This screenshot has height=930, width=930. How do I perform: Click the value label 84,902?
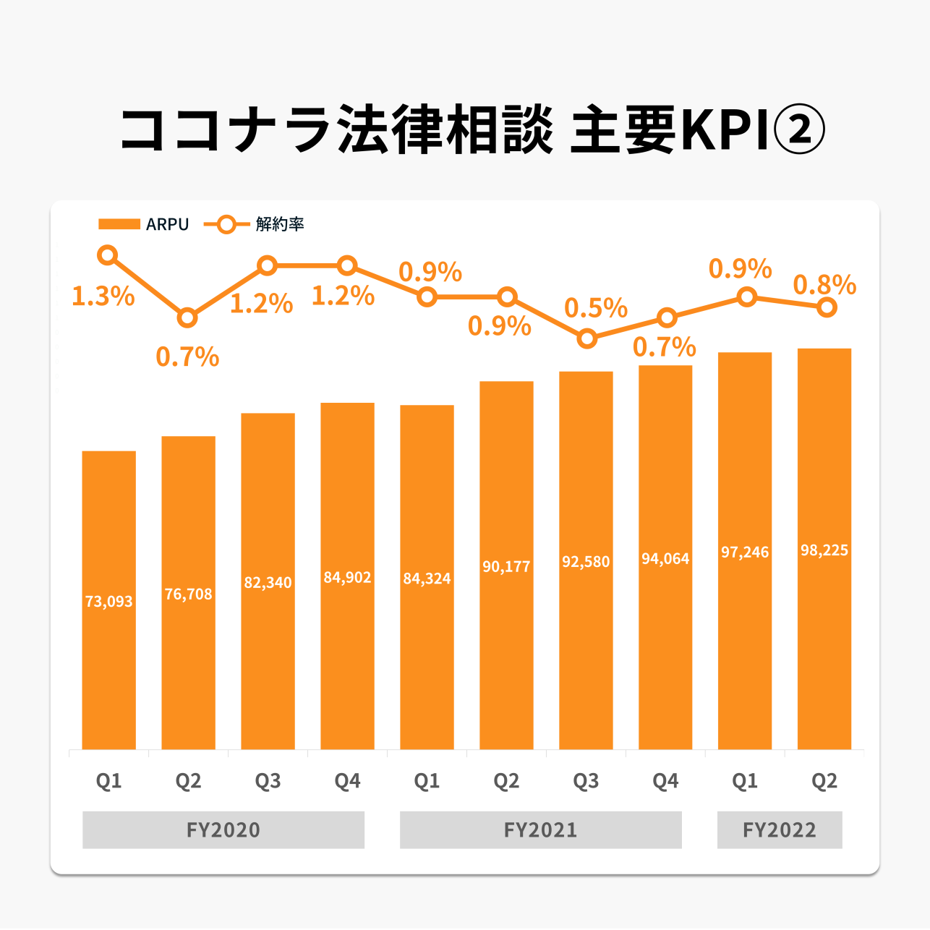tap(347, 578)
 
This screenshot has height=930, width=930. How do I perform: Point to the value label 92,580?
tap(586, 562)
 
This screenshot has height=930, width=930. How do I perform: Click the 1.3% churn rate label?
tap(103, 297)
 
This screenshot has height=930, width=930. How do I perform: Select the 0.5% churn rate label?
tap(596, 309)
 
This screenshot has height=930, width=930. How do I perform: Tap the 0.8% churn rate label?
tap(824, 286)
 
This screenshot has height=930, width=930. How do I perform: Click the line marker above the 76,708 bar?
tap(188, 317)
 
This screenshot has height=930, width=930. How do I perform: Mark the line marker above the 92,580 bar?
tap(587, 338)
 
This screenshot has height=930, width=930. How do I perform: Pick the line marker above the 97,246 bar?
tap(746, 297)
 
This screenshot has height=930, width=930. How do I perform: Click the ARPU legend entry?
tap(145, 224)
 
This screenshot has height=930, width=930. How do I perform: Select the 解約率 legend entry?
tap(255, 224)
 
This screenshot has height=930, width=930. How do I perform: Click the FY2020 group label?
tap(223, 829)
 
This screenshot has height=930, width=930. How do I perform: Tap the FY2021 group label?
tap(540, 829)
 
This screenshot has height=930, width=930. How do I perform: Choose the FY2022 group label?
tap(779, 829)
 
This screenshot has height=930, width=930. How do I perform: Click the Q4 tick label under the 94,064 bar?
tap(665, 781)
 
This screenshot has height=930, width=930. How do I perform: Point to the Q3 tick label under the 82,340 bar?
tap(268, 781)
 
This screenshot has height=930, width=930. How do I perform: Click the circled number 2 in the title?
tap(799, 131)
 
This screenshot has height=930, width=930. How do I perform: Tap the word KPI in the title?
tap(722, 131)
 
